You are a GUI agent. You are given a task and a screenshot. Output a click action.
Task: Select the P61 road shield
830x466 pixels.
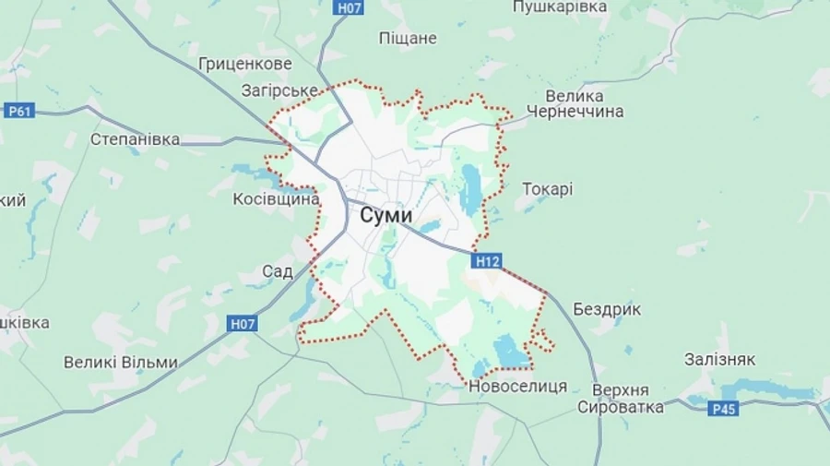click(x=18, y=112)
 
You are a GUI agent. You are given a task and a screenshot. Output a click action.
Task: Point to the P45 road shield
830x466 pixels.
click(x=724, y=408)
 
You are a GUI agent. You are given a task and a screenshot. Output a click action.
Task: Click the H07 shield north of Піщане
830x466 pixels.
click(x=348, y=7)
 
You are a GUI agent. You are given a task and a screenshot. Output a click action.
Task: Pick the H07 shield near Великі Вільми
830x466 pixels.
click(x=243, y=324)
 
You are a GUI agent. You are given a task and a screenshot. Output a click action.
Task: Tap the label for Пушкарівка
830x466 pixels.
click(x=559, y=7)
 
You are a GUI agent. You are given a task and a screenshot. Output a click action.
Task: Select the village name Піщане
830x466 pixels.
click(x=408, y=39)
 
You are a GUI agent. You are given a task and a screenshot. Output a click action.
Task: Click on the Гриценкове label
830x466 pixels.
click(x=244, y=65)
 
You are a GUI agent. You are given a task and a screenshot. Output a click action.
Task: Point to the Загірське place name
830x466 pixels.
click(x=279, y=90)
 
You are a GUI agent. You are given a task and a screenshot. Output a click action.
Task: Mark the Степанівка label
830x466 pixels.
click(x=135, y=139)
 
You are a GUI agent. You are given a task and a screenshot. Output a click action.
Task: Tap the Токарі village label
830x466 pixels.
click(x=547, y=189)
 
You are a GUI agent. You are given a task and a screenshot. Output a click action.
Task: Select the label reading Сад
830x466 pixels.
click(x=277, y=271)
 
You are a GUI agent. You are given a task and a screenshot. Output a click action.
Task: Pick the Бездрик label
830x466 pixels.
click(x=606, y=309)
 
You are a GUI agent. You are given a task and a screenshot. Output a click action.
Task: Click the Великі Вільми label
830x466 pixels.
click(x=120, y=363)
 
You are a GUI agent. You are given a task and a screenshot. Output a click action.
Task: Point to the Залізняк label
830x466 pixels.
click(x=720, y=360)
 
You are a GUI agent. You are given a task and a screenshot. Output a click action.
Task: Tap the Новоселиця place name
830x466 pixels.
click(x=517, y=386)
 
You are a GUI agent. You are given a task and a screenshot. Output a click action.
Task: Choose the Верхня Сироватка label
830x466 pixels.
click(x=621, y=398)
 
